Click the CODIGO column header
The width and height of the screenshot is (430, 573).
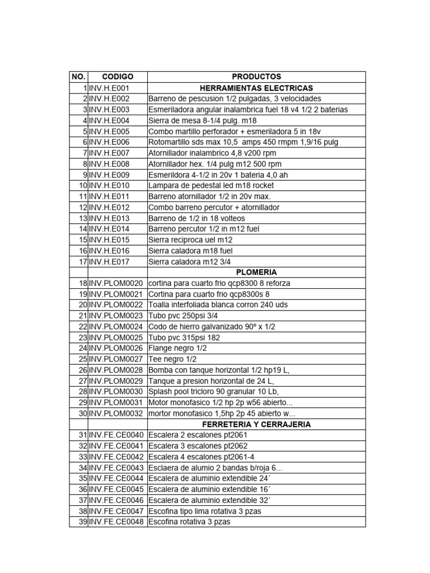118,77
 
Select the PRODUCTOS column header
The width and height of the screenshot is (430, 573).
256,77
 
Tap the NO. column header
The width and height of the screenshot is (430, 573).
78,77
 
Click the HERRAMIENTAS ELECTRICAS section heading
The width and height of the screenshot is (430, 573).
256,88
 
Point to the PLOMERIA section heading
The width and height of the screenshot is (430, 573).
256,272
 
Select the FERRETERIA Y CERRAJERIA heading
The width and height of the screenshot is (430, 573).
256,424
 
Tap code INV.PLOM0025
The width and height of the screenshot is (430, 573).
116,337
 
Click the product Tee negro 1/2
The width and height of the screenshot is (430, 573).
172,359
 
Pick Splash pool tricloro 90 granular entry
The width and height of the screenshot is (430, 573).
213,392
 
